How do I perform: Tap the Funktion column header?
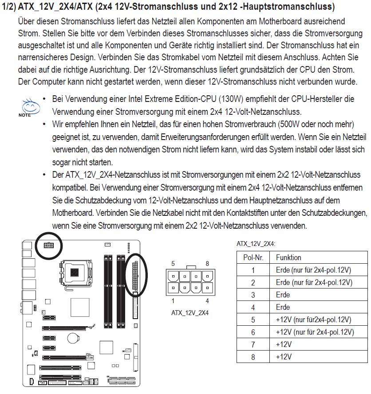click(288, 257)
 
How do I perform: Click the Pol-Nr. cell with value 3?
click(253, 295)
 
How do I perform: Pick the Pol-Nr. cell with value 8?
click(253, 357)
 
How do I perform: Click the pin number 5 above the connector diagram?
click(173, 264)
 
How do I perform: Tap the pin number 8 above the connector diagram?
click(207, 264)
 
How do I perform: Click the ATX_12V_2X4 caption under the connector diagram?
click(189, 313)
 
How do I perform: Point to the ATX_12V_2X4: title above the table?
click(256, 244)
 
